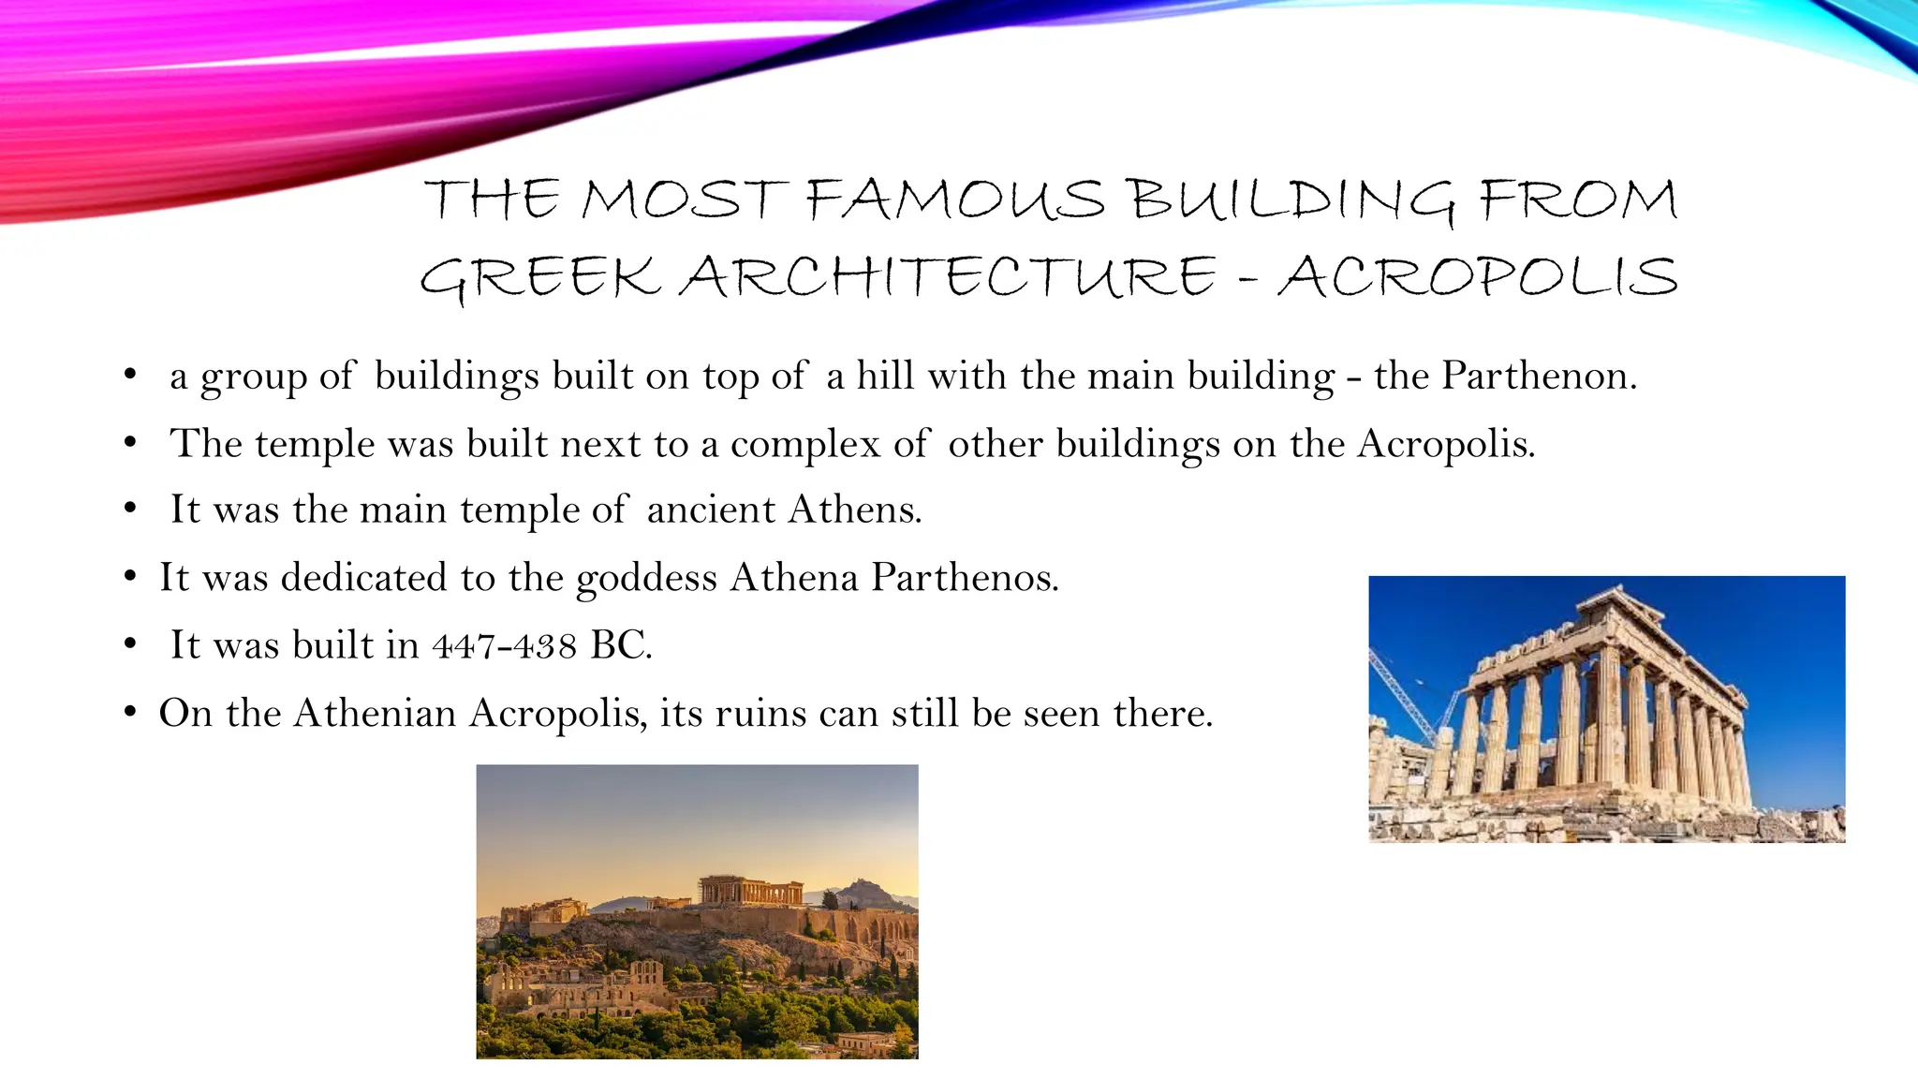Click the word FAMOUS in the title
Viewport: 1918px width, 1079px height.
click(954, 200)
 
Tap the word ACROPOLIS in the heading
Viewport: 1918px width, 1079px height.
click(1477, 277)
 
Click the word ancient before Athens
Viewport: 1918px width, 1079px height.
click(711, 510)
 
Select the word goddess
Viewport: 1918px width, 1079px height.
click(646, 578)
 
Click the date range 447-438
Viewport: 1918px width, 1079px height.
click(504, 645)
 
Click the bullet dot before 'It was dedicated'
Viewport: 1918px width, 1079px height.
click(130, 577)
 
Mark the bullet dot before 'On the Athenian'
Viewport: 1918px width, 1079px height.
click(130, 713)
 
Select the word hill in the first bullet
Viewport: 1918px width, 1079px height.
click(885, 376)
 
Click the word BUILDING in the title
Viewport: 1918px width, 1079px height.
click(1291, 200)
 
